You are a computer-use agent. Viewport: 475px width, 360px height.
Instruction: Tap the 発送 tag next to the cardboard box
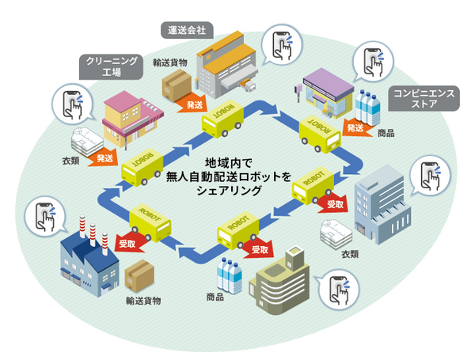(193, 104)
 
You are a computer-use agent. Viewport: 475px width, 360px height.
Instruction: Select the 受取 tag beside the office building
(336, 204)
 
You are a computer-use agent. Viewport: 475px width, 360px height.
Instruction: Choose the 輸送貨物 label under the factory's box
(143, 301)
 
